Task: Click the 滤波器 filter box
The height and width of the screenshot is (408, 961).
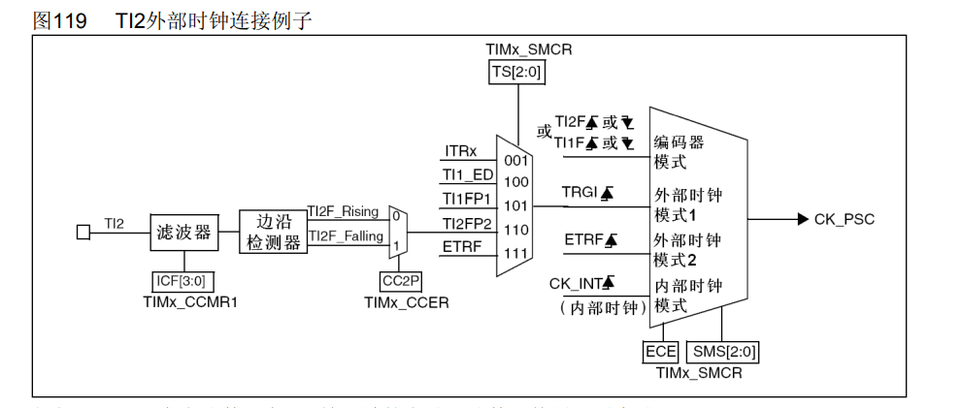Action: [183, 233]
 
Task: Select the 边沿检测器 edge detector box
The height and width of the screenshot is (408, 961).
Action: [274, 233]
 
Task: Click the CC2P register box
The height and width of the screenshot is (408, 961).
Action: [399, 281]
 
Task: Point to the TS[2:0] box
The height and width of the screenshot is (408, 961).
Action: [517, 73]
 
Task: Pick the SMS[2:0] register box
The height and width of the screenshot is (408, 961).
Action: [722, 351]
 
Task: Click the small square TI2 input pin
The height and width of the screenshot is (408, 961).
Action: [83, 233]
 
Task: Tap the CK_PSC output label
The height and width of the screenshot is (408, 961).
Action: [845, 219]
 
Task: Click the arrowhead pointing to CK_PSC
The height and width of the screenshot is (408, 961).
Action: [802, 219]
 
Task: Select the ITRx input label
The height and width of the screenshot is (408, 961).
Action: [460, 151]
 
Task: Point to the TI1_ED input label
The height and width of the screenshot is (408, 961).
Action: [468, 174]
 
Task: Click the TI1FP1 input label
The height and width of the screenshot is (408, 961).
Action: [468, 199]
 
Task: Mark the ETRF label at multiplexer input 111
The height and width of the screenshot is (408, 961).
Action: [462, 246]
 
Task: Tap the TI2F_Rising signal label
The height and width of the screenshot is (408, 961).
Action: [344, 211]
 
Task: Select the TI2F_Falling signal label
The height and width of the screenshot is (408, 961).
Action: [346, 235]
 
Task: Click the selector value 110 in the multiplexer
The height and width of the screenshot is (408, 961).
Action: [515, 231]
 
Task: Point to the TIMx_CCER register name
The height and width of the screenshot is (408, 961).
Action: [406, 301]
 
